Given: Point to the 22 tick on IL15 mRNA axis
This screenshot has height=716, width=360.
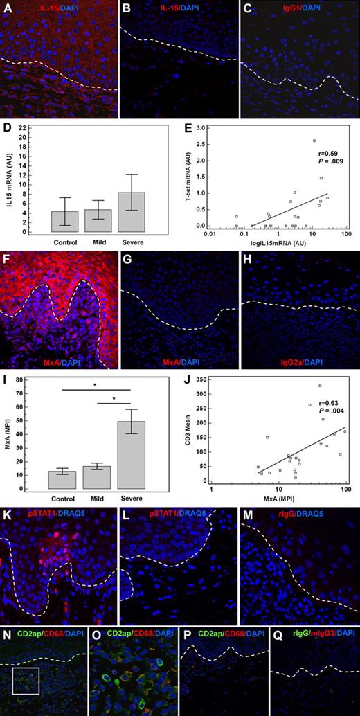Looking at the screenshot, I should (x=24, y=128).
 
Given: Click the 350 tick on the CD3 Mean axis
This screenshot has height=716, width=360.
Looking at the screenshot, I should (x=201, y=379).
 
